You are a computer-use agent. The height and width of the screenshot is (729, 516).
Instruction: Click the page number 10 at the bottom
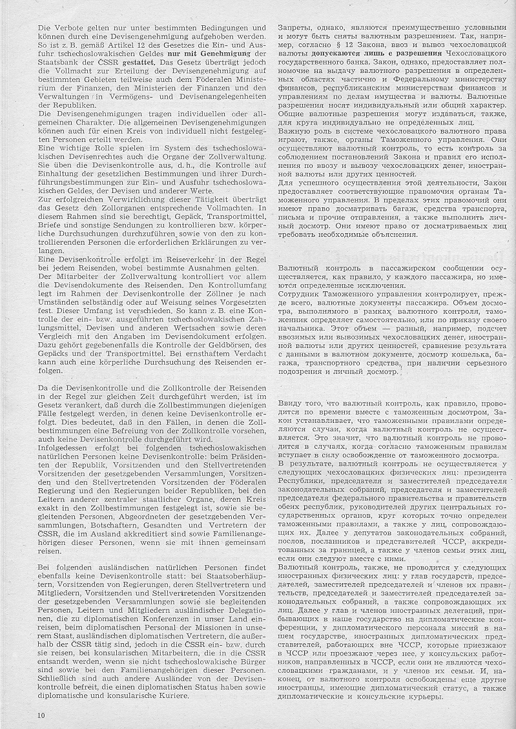[41, 715]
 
